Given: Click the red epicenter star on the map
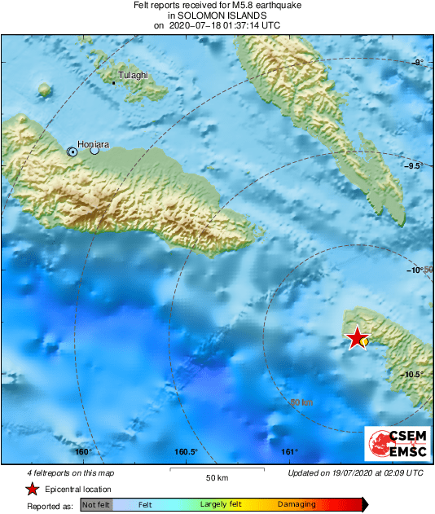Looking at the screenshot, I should pos(356,338).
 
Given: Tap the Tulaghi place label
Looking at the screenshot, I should pos(134,76).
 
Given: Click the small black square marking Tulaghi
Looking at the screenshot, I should pos(113,82).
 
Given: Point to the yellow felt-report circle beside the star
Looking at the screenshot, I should pos(364,342).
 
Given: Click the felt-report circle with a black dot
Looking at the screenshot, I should pos(72,152).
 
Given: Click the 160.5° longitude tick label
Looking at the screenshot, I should pos(186,452).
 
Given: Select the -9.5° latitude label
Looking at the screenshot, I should pos(415,165).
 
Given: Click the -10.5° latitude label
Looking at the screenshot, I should pos(415,374).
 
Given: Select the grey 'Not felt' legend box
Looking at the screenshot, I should pos(95,505).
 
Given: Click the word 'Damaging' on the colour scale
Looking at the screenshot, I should pos(297,505).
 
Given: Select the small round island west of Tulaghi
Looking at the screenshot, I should pos(44,89).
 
